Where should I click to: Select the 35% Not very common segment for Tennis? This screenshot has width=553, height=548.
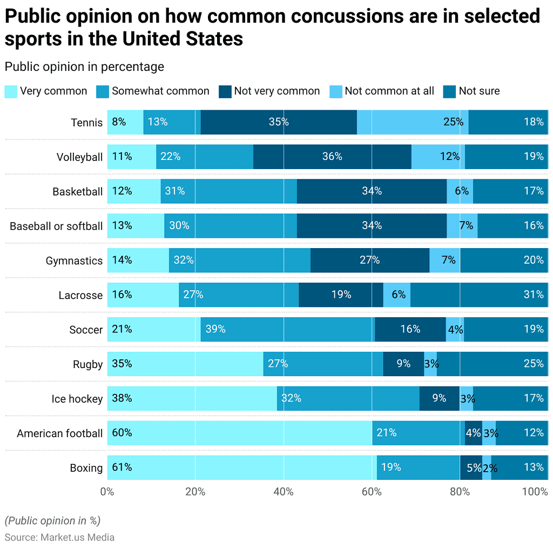click(279, 122)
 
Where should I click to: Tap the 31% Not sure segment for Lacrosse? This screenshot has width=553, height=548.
click(479, 295)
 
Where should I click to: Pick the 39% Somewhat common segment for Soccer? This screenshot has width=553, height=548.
click(287, 330)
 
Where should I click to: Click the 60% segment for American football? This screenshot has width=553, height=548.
click(239, 433)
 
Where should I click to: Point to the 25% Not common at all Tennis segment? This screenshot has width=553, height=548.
click(413, 122)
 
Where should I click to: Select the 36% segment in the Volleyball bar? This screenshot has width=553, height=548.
click(332, 157)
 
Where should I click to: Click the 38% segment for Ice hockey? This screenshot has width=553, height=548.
click(192, 398)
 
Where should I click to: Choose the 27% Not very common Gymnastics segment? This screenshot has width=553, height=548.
click(370, 260)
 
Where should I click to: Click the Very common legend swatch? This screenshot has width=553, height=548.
click(11, 91)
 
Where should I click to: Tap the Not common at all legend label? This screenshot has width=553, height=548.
click(389, 91)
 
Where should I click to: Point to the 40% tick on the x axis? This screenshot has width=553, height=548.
click(284, 492)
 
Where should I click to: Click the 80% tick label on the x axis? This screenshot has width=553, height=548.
click(460, 492)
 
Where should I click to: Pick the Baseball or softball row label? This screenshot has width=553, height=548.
click(56, 226)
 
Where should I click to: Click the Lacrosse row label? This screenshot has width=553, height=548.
click(80, 295)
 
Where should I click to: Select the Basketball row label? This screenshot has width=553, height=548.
click(77, 191)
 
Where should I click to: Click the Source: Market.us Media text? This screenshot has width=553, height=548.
click(59, 537)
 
